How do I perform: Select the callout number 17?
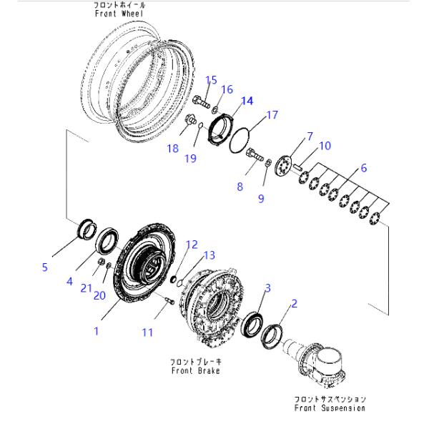[x=272, y=114]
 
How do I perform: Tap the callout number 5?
[x=44, y=267]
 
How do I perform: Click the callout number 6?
[x=363, y=169]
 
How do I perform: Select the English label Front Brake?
[x=195, y=371]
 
